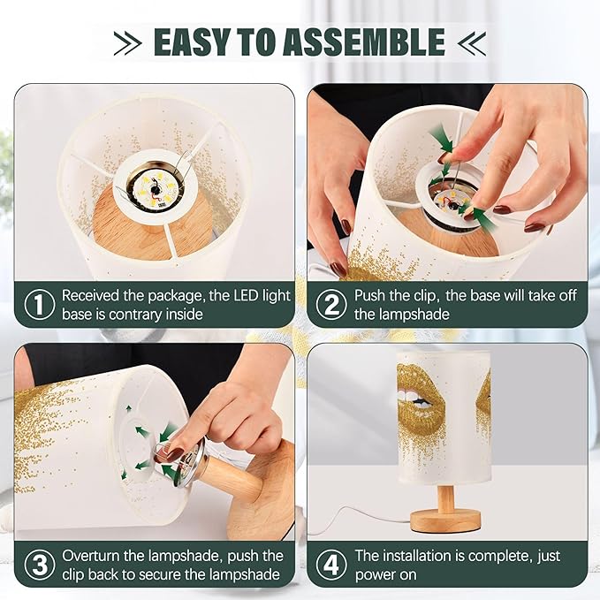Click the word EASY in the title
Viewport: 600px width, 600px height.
tap(193, 42)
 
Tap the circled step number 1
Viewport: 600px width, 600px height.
tap(40, 305)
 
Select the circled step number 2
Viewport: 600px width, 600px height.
tap(331, 305)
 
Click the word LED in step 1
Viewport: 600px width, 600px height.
tap(246, 295)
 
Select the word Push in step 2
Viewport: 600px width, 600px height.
tap(370, 295)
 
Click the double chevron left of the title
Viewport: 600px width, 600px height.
tap(128, 42)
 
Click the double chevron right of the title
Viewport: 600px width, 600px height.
tap(472, 42)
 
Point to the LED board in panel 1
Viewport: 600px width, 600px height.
tap(156, 187)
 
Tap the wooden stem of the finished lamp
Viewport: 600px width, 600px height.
tap(446, 497)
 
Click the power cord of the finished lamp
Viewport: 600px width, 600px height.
tap(360, 520)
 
